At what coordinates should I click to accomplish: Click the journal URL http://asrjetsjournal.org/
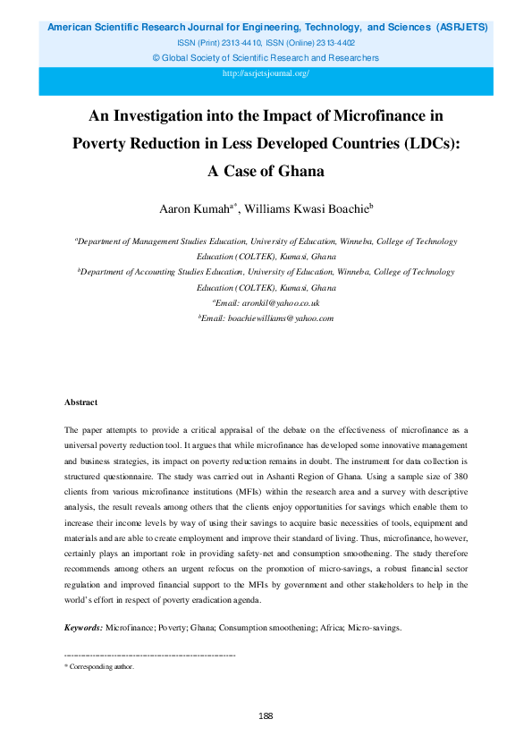click(x=266, y=73)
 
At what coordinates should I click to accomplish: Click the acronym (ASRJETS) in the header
click(x=461, y=28)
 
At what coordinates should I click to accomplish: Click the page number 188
click(x=266, y=716)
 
